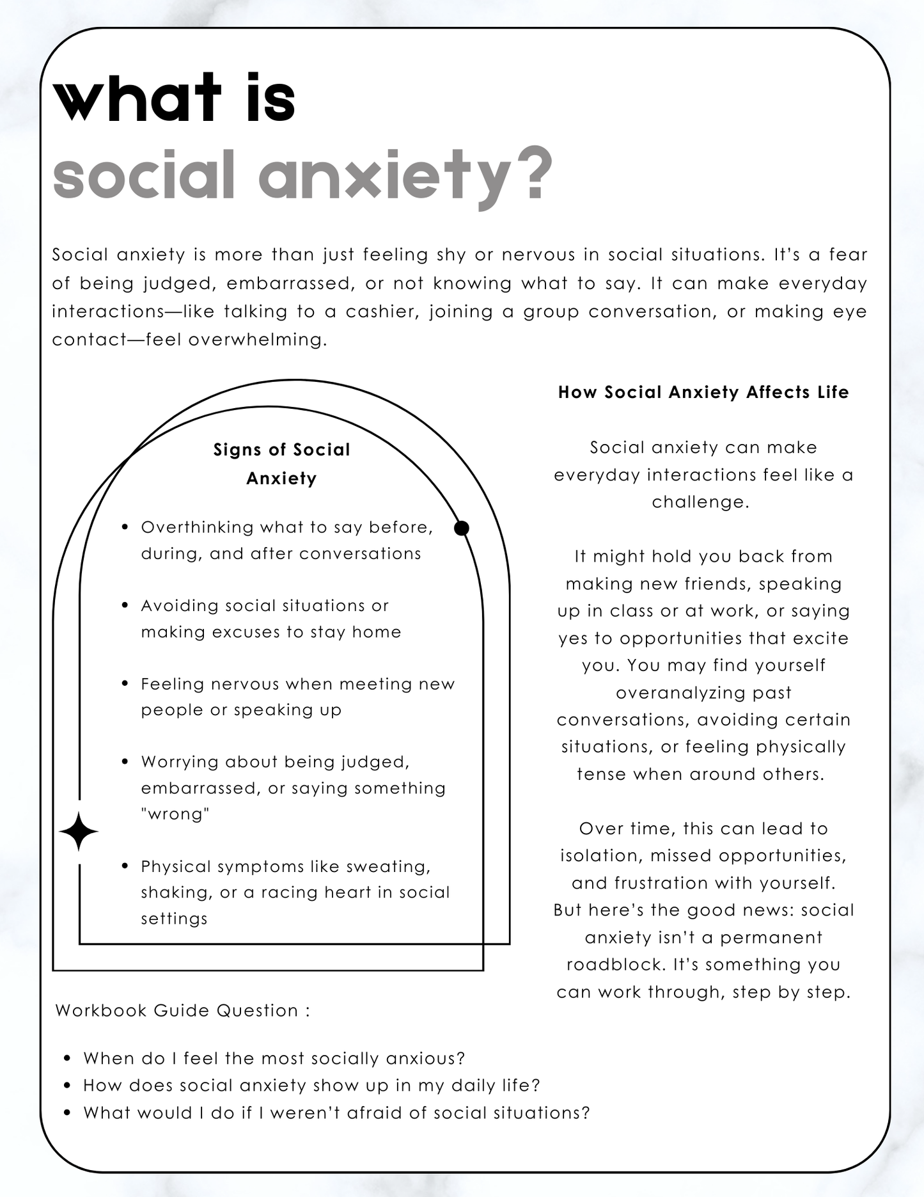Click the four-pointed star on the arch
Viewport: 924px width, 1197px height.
[79, 832]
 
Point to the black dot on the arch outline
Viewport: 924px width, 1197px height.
[461, 528]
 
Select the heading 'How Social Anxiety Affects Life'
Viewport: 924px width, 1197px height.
[703, 392]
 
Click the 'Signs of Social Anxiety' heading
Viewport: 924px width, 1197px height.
[281, 464]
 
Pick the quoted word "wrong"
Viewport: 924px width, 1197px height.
[175, 814]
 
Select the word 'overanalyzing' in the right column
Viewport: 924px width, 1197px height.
[703, 693]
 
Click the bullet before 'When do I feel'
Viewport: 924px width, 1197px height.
[68, 1059]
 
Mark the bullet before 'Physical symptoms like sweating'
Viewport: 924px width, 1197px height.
[125, 866]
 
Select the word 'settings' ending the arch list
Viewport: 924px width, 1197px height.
[175, 919]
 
